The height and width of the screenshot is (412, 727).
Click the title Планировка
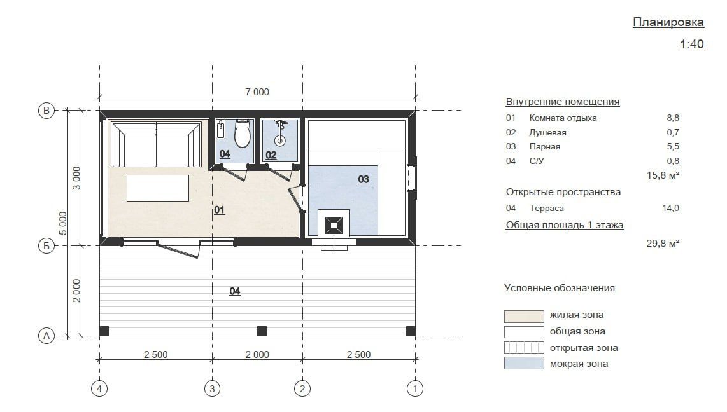coord(668,22)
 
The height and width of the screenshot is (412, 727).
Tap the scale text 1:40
coord(692,44)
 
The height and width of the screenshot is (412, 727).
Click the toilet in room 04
coord(243,133)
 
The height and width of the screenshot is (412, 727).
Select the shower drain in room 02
coord(280,140)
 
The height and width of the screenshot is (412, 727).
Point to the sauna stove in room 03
coord(334,226)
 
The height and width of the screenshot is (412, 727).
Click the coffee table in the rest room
coord(158,188)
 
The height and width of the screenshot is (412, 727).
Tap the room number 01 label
coord(219,210)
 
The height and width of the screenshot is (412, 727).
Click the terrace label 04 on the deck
coord(235,291)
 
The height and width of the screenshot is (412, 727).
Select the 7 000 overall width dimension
coord(257,92)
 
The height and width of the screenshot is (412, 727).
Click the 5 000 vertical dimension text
coord(63,224)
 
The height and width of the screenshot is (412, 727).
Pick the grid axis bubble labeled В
coord(46,111)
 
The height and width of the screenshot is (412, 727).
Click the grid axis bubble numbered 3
coord(213,388)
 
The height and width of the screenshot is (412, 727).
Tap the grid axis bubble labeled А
coord(46,336)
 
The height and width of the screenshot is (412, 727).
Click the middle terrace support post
coord(262,331)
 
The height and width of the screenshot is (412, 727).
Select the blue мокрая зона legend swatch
coord(524,364)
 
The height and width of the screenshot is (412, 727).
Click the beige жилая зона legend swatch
coord(524,317)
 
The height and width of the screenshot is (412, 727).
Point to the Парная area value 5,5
coord(673,146)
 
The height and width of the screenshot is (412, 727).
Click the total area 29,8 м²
coord(663,243)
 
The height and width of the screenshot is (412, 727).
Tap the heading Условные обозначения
coord(560,288)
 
